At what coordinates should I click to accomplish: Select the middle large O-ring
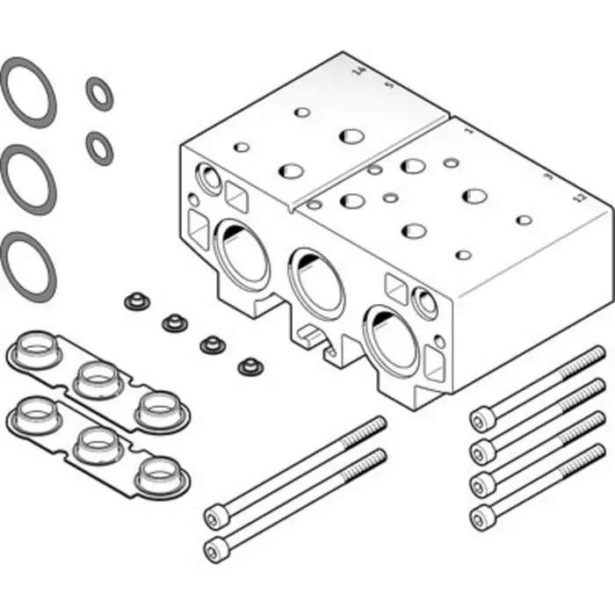pyautogui.click(x=27, y=177)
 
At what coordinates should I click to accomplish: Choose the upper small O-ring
pyautogui.click(x=99, y=93)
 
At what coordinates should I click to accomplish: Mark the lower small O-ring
pyautogui.click(x=99, y=147)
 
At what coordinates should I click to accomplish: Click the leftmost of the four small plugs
pyautogui.click(x=135, y=302)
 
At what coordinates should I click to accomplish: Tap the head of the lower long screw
pyautogui.click(x=216, y=549)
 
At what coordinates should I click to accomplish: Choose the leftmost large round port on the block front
pyautogui.click(x=238, y=255)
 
